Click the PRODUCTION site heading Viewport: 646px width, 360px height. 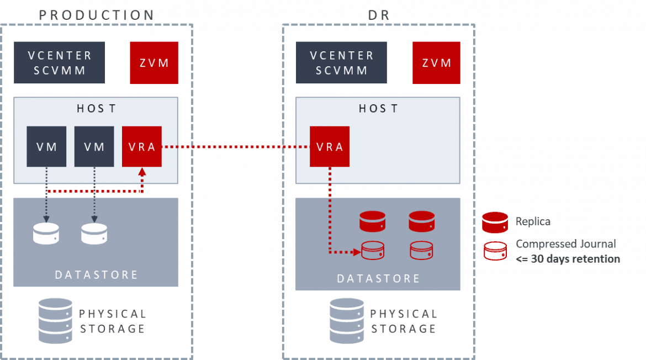click(x=97, y=15)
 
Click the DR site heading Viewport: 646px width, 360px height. click(x=379, y=15)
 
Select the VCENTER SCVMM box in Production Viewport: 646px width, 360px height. click(x=60, y=63)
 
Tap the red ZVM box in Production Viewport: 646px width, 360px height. click(x=154, y=63)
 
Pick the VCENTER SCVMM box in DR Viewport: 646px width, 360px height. click(x=342, y=63)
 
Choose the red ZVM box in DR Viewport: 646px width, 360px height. click(x=436, y=63)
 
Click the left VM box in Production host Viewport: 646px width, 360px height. click(x=46, y=146)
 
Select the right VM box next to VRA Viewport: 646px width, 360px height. click(x=94, y=146)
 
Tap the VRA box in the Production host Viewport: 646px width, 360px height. click(x=142, y=146)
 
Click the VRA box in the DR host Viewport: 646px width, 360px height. click(x=330, y=146)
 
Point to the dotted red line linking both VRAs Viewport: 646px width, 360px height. click(x=235, y=147)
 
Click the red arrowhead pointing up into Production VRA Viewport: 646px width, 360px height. click(x=142, y=172)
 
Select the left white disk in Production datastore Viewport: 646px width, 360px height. click(x=46, y=234)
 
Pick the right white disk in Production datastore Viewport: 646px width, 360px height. click(x=94, y=234)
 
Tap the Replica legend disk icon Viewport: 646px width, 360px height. click(x=495, y=222)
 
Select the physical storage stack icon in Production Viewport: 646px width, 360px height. click(x=55, y=320)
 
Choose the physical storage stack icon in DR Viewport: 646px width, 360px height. click(x=347, y=320)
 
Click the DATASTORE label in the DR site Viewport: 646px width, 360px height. click(x=378, y=278)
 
